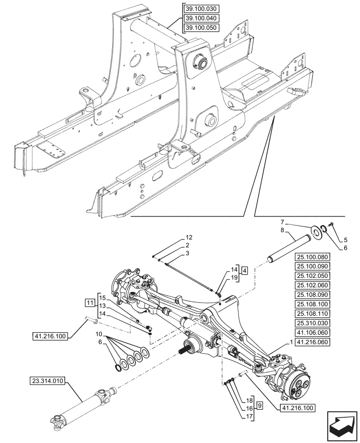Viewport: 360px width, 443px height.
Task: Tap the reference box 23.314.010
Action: coord(48,380)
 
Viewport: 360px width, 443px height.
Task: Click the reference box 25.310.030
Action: coord(312,324)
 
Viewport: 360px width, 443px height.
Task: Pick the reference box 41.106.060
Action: coord(312,333)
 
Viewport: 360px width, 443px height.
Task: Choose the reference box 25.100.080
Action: coord(312,256)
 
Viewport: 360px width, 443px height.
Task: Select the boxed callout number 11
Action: coord(90,303)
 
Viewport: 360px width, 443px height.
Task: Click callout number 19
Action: coord(234,277)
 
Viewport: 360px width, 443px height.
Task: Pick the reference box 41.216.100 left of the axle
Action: coord(48,336)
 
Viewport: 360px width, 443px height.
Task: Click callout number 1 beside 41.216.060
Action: coord(291,342)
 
